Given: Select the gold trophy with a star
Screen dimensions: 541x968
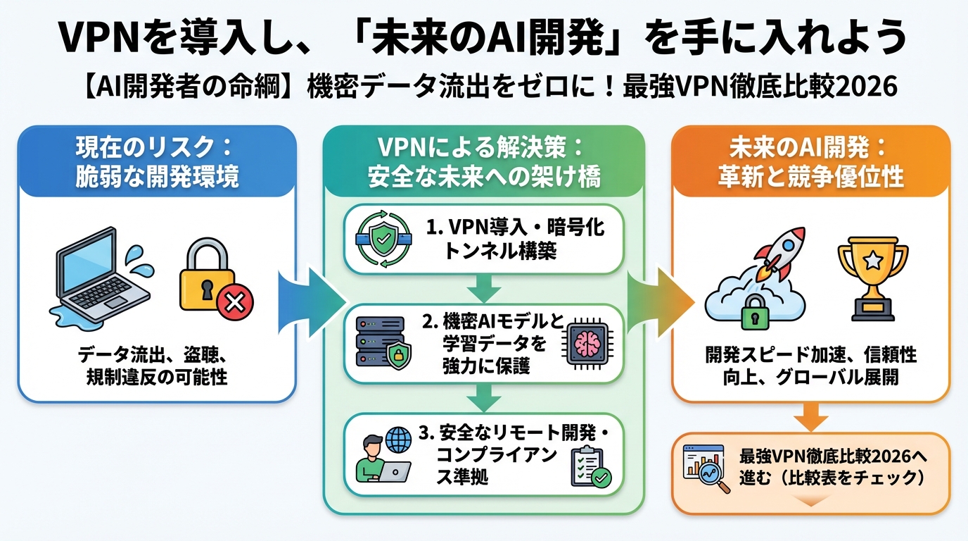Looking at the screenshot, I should coord(872,277).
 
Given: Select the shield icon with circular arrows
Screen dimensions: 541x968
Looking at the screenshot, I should coord(383,239).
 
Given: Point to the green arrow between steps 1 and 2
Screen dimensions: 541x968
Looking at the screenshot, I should coord(483,288).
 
